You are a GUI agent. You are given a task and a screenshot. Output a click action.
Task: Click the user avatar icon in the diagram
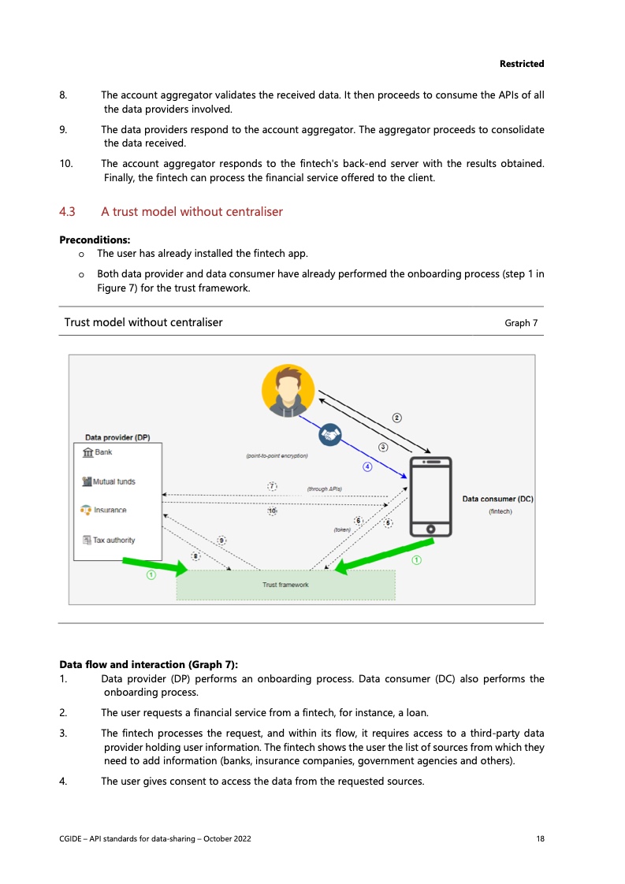tap(288, 391)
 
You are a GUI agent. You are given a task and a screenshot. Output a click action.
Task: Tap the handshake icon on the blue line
tap(329, 435)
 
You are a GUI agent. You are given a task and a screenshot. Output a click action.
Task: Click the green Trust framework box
tap(285, 585)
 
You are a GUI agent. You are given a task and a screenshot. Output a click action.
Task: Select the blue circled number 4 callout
tap(366, 466)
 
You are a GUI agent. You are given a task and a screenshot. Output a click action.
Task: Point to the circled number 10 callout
tap(272, 511)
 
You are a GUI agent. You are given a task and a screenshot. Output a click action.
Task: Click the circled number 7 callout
tap(272, 485)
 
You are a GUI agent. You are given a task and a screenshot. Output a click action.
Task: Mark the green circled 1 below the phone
tap(416, 560)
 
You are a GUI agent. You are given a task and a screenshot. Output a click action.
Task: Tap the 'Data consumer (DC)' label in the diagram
tap(498, 499)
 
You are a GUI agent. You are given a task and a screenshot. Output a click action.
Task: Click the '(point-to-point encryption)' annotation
tap(277, 456)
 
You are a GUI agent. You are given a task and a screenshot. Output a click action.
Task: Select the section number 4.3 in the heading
tap(67, 212)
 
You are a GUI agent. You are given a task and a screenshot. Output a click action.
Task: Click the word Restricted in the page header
tap(522, 64)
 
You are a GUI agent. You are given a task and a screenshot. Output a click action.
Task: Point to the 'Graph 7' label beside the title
tap(521, 323)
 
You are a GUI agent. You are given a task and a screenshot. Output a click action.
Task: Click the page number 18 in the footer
tap(540, 839)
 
